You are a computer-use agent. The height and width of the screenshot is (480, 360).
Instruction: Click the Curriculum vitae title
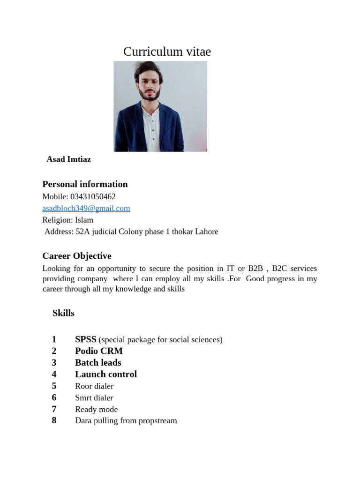(167, 52)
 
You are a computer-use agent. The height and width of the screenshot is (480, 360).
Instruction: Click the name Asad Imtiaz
(69, 159)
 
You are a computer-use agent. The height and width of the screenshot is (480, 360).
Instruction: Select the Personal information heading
(85, 184)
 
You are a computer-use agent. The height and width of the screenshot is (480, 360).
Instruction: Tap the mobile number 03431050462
(92, 197)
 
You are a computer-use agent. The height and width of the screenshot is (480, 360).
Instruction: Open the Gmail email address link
(86, 209)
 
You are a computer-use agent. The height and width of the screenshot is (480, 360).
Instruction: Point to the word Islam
(84, 220)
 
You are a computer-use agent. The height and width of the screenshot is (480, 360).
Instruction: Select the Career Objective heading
(77, 256)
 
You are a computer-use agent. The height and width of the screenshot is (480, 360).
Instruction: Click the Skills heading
(63, 313)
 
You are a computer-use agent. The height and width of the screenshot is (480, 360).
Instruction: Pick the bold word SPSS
(86, 339)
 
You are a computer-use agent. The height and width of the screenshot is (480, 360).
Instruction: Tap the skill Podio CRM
(99, 351)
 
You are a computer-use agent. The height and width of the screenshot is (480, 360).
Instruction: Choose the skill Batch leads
(98, 363)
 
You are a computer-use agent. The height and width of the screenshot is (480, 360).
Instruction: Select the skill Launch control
(106, 375)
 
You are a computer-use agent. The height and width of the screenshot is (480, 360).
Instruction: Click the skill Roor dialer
(94, 386)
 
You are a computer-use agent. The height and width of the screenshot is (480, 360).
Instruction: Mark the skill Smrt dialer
(94, 398)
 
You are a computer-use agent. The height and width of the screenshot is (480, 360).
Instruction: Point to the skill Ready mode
(96, 410)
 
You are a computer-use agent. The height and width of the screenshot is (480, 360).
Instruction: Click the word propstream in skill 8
(158, 421)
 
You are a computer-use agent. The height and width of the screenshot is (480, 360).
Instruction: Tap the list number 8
(54, 420)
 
